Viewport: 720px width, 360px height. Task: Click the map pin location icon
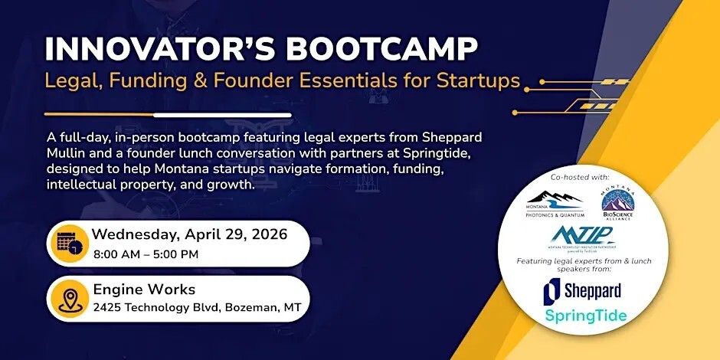pyautogui.click(x=67, y=297)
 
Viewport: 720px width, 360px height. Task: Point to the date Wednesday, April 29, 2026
pyautogui.click(x=190, y=234)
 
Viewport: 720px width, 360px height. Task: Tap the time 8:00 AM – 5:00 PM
pyautogui.click(x=146, y=254)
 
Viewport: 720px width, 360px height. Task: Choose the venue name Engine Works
pyautogui.click(x=144, y=290)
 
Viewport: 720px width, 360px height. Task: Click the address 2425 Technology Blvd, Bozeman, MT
pyautogui.click(x=197, y=308)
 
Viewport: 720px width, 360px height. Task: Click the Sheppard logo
pyautogui.click(x=582, y=290)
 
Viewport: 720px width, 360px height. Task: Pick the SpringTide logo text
pyautogui.click(x=585, y=316)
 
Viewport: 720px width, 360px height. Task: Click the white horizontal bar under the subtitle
pyautogui.click(x=222, y=115)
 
